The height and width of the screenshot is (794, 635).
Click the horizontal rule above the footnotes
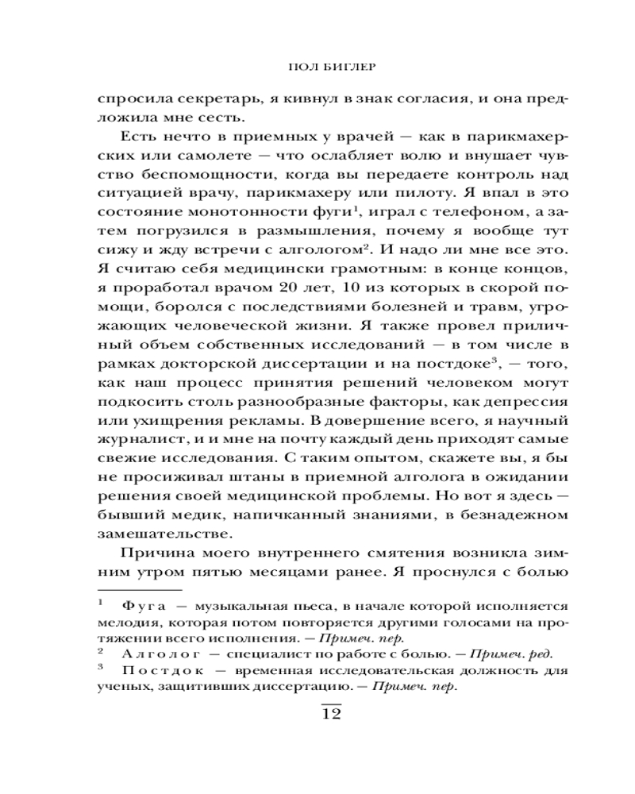pos(139,592)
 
